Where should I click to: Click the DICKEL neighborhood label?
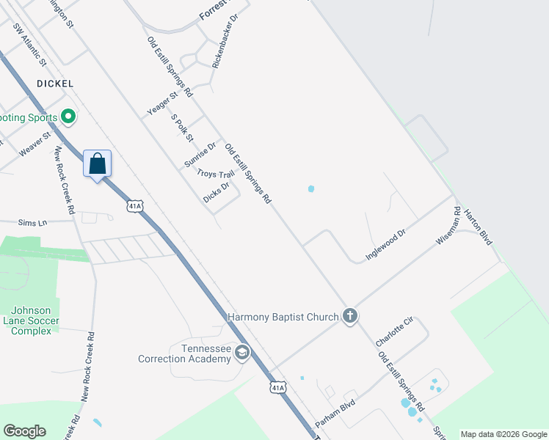click(x=54, y=84)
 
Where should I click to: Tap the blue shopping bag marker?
click(x=97, y=164)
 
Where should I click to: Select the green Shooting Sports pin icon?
click(x=68, y=116)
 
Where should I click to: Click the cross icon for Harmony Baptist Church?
click(x=350, y=316)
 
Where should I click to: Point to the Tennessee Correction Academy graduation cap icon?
click(x=241, y=354)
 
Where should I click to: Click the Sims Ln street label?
click(x=32, y=221)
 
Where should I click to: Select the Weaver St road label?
click(x=34, y=143)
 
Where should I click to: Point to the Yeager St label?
click(x=162, y=103)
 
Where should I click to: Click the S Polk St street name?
click(x=182, y=128)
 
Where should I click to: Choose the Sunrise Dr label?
click(x=200, y=155)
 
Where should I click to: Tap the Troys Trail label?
click(x=216, y=175)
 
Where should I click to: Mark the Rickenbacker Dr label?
click(x=225, y=41)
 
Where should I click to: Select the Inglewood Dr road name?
click(x=385, y=245)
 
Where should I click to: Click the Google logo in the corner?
click(x=24, y=431)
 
